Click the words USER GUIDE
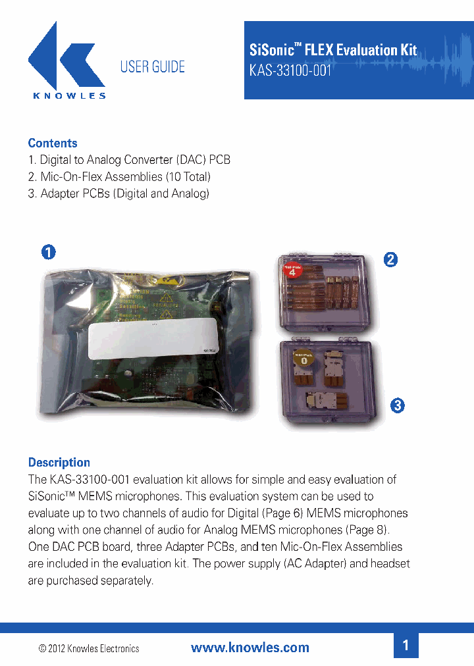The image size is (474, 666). tap(152, 66)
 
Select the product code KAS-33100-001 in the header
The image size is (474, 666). tap(290, 70)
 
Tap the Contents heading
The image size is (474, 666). tap(53, 143)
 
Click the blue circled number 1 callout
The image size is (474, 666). tap(48, 251)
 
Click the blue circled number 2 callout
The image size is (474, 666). tap(390, 259)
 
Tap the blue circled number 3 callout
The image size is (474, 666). tap(396, 405)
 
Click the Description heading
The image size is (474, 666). tap(59, 462)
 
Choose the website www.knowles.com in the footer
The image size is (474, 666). tap(250, 648)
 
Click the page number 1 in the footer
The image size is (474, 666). tap(406, 646)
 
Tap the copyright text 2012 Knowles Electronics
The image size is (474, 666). tap(90, 648)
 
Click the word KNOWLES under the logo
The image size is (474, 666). tap(69, 95)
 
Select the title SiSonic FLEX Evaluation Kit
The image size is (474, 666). tap(333, 50)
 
